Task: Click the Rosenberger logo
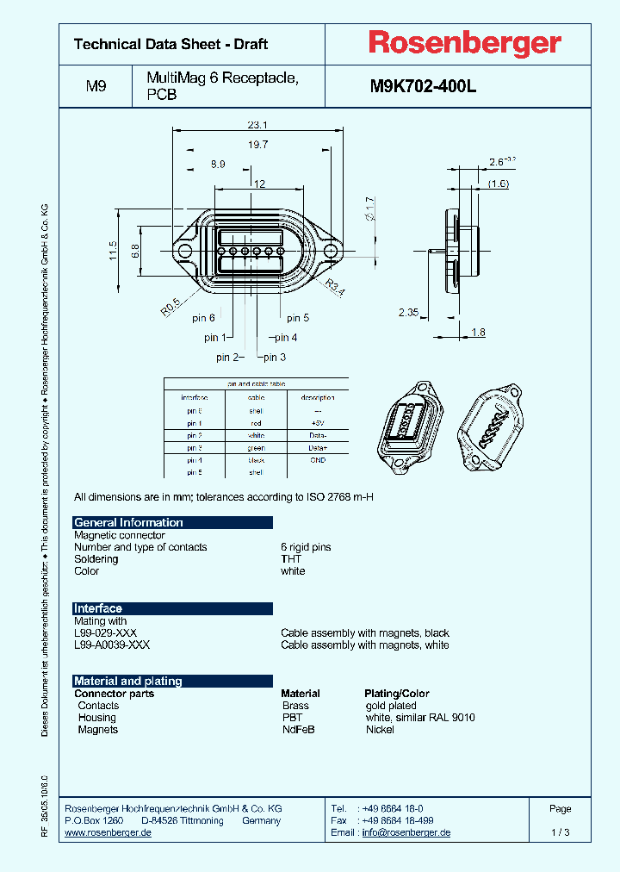(465, 43)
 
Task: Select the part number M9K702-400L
(423, 86)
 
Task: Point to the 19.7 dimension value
(258, 145)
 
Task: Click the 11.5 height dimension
(113, 251)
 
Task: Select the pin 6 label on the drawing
(203, 318)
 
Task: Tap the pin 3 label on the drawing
(275, 358)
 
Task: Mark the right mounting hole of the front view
(331, 251)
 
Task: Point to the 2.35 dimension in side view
(408, 312)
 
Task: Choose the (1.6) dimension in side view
(499, 184)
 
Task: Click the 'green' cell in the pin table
(257, 448)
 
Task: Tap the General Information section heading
(129, 522)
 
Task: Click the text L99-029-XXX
(112, 633)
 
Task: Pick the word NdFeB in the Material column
(298, 730)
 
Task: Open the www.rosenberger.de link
(108, 833)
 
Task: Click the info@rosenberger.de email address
(406, 833)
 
